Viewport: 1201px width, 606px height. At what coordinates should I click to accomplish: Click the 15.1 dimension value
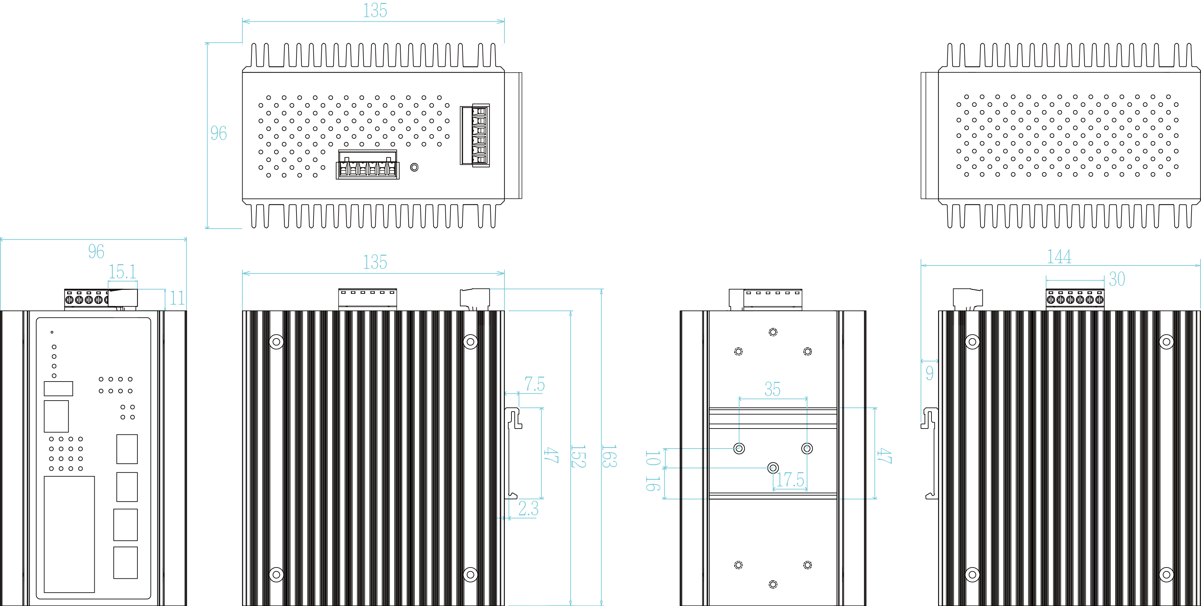[122, 272]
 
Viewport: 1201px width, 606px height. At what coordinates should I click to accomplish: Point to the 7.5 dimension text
[534, 385]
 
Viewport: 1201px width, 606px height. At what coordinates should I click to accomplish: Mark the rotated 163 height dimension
[608, 456]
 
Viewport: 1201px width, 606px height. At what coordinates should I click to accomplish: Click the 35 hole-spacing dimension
[772, 389]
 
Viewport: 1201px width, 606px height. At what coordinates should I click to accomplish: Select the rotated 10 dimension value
[653, 458]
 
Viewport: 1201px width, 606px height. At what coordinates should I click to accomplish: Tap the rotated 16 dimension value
[653, 484]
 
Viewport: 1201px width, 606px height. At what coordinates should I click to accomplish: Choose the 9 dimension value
[929, 373]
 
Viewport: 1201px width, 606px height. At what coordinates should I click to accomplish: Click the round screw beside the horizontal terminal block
[414, 167]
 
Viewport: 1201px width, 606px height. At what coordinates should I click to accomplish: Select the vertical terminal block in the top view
[480, 135]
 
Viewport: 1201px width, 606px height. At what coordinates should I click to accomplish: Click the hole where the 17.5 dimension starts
[773, 468]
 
